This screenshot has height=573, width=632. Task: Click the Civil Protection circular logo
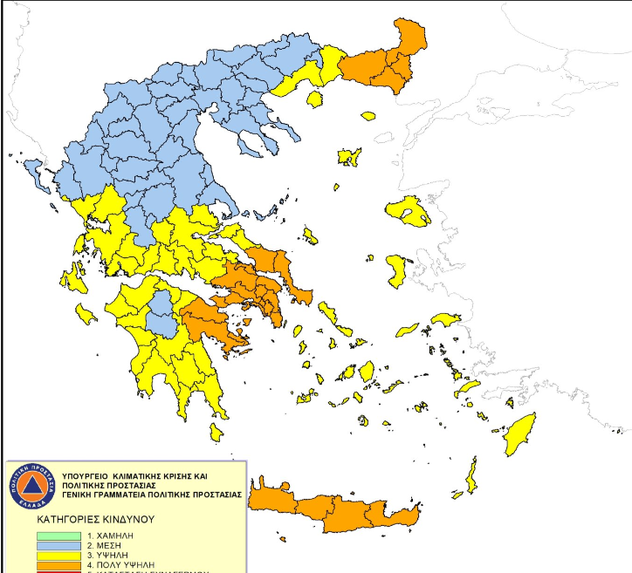(33, 488)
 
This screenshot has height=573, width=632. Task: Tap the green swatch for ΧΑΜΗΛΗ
(59, 535)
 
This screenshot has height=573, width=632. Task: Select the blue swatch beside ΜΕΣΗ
(59, 544)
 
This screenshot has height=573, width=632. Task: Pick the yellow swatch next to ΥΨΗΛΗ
(59, 555)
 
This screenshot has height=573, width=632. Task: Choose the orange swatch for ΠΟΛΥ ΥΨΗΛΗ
(59, 564)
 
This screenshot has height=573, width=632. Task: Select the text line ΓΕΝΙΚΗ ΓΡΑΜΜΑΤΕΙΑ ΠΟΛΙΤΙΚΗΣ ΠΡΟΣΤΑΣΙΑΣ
(154, 494)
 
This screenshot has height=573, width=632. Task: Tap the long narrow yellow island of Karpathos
(471, 475)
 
